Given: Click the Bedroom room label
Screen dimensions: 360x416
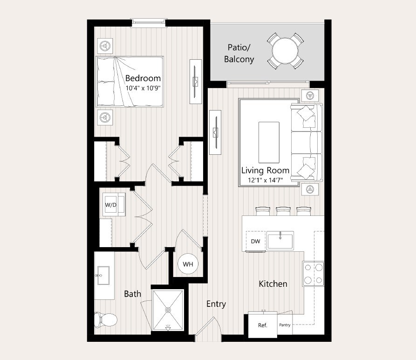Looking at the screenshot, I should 143,78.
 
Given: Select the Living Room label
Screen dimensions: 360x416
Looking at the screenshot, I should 265,170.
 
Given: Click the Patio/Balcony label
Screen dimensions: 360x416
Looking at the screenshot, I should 239,53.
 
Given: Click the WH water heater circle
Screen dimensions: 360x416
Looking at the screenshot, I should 188,264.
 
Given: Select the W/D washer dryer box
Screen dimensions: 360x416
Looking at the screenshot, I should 110,204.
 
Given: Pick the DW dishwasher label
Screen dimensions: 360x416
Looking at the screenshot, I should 255,241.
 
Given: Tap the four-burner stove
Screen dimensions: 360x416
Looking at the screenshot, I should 313,274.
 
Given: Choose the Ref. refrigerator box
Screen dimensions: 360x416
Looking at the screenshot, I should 263,325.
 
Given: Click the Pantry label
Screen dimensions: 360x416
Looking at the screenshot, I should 285,325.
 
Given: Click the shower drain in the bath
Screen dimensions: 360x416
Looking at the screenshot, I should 168,309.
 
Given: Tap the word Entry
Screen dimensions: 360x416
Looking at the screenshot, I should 216,304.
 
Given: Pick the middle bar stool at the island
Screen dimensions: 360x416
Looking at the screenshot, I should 283,211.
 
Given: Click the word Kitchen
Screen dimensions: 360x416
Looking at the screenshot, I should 273,284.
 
